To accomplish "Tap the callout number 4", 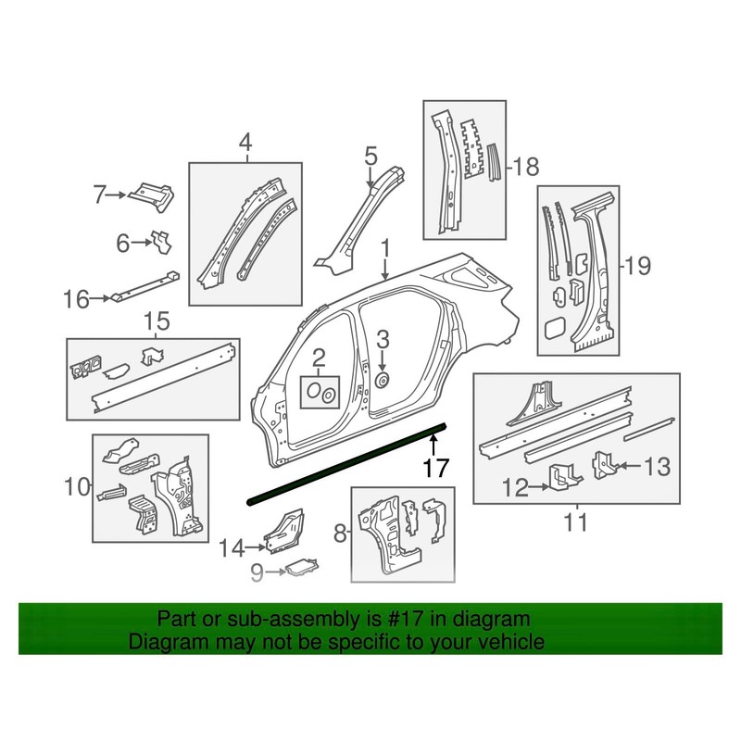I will tap(245, 143).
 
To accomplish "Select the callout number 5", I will tap(370, 155).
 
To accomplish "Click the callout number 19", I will tap(638, 267).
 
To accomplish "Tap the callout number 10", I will tap(78, 484).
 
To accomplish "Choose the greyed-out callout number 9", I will tap(260, 572).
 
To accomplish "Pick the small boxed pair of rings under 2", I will tap(320, 392).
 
